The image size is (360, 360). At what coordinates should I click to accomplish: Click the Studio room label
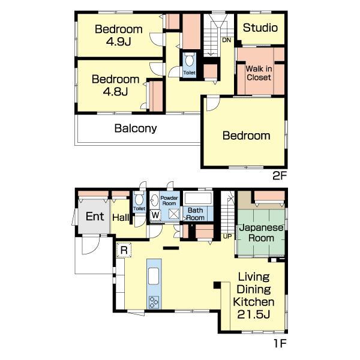[260, 28]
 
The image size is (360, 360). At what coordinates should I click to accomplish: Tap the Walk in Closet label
[259, 73]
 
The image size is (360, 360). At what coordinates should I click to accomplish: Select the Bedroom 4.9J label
[118, 35]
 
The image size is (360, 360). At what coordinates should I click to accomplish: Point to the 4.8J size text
[115, 92]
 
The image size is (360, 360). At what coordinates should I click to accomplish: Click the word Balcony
[136, 128]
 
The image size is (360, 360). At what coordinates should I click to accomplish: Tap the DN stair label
[227, 40]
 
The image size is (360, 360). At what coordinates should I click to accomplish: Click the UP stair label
[227, 236]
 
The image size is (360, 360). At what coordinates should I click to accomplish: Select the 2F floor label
[280, 176]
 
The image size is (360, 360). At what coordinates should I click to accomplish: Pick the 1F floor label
[280, 344]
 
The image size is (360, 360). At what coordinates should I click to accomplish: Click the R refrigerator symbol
[124, 250]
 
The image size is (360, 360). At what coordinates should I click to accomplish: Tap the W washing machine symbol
[155, 215]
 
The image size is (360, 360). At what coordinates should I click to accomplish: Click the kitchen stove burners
[154, 302]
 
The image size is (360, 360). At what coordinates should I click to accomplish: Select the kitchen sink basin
[154, 276]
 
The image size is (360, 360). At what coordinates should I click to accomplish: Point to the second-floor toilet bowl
[190, 60]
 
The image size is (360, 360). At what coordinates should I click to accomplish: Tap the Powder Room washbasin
[155, 200]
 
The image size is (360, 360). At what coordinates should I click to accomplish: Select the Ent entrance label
[95, 216]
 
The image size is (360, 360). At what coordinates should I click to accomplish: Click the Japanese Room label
[261, 233]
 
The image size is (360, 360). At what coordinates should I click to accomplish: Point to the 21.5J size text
[253, 314]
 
